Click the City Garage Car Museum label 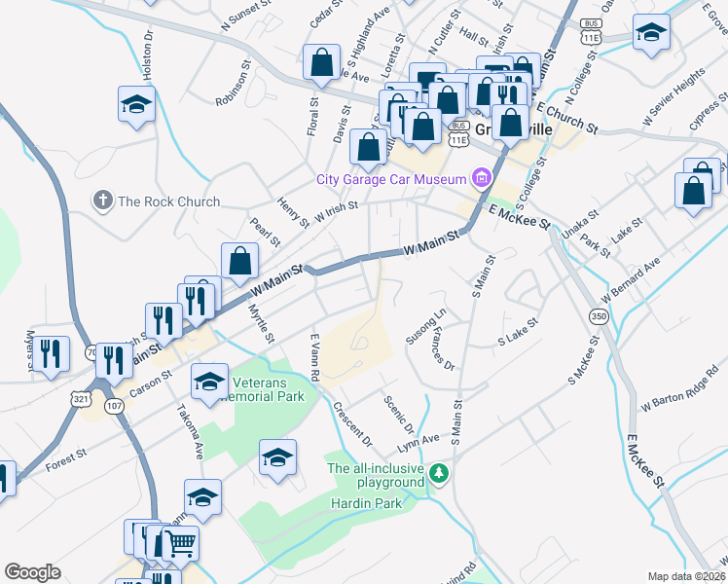392,179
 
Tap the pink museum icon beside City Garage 481,178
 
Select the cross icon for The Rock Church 102,201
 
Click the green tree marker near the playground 440,473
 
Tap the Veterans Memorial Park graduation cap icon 208,383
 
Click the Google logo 32,572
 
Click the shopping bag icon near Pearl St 239,261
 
